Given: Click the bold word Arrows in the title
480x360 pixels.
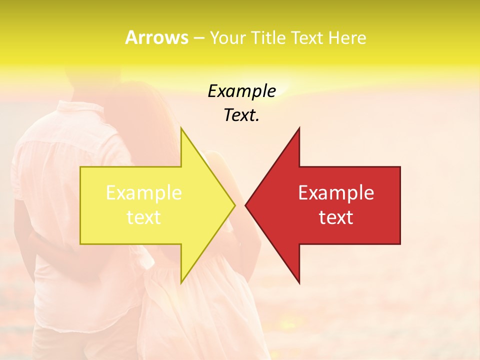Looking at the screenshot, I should tap(156, 37).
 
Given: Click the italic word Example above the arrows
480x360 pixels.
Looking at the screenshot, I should tap(242, 91).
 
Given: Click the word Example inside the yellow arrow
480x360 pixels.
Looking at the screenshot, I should tap(144, 193).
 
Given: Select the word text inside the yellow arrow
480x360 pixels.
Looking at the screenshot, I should tap(144, 217).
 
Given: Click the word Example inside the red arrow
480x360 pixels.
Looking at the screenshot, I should tap(336, 193).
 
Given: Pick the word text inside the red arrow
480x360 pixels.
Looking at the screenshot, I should tap(336, 217).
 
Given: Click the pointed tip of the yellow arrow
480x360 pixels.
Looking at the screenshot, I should tap(234, 205).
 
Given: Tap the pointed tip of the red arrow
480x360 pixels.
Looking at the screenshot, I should tap(246, 205).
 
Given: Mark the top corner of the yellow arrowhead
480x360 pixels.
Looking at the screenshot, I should tap(181, 128).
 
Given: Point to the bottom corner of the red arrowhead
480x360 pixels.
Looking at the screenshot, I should tap(299, 282).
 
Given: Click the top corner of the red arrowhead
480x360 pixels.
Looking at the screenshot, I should tap(299, 128).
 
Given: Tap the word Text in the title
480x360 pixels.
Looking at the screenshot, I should tap(309, 38).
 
